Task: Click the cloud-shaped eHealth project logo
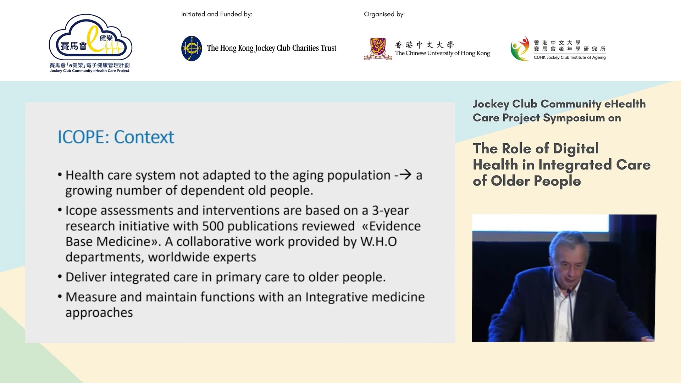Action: click(x=90, y=38)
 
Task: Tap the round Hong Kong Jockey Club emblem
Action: click(x=192, y=49)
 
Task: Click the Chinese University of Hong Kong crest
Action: click(x=378, y=49)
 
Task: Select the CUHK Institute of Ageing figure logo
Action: click(x=520, y=49)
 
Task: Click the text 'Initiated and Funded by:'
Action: click(x=217, y=14)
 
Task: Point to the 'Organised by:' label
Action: click(x=384, y=14)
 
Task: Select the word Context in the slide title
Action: click(x=144, y=137)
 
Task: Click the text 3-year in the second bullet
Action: click(x=390, y=211)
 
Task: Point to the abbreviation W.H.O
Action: click(x=378, y=242)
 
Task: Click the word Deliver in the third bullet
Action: click(x=86, y=277)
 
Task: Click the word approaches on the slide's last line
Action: click(x=99, y=313)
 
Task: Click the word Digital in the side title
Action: click(x=576, y=149)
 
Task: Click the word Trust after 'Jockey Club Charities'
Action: click(x=328, y=48)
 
